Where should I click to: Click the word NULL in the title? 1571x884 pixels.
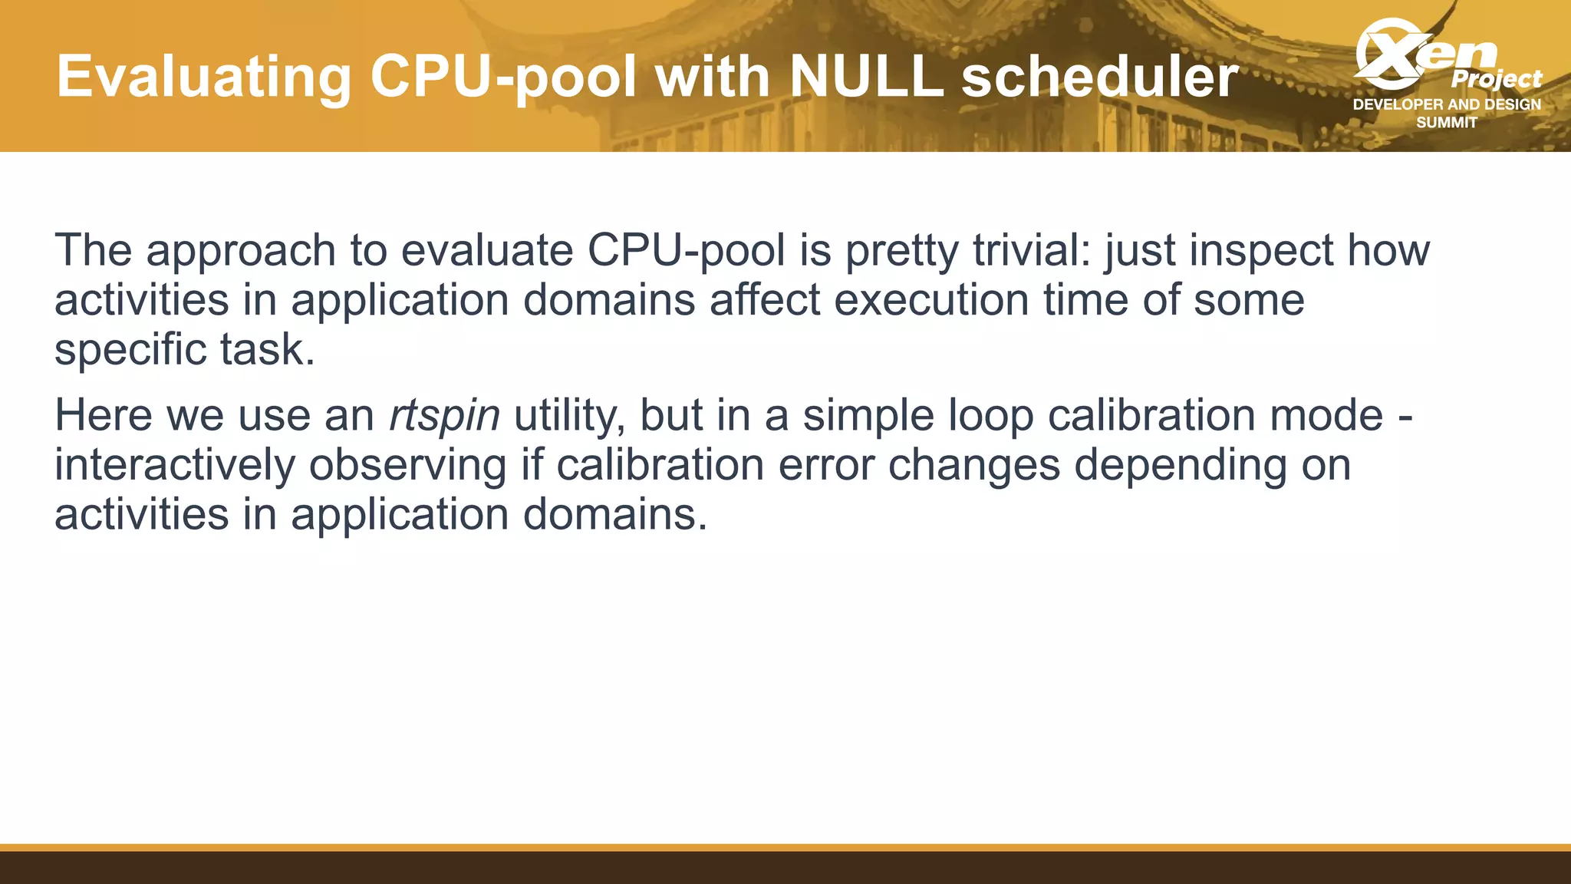866,77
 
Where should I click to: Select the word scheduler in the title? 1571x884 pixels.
1099,77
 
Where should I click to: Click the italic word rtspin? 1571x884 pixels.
445,416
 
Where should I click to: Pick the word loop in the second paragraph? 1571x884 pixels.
990,416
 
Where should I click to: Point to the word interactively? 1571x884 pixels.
174,465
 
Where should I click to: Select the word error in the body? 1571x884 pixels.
826,465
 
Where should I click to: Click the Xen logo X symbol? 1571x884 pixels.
1388,54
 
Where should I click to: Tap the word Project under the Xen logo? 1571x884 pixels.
1496,79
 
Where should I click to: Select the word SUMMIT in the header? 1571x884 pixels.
1447,123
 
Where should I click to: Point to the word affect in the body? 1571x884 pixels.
765,299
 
